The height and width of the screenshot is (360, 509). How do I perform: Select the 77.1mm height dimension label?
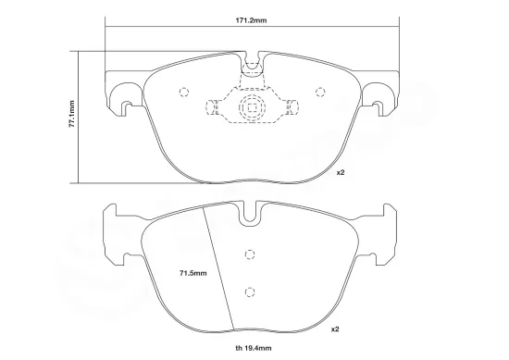coord(71,117)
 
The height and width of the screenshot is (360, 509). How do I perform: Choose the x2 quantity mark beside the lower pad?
coord(337,328)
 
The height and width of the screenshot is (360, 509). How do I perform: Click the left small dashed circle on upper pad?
coord(182,92)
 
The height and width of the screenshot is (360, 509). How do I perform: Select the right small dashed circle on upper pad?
coord(321,92)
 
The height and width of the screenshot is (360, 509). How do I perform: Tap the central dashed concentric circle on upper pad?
coord(251,107)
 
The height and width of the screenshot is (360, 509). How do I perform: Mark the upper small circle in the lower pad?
coord(248,255)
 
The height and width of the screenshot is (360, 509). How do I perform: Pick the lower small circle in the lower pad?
coord(248,292)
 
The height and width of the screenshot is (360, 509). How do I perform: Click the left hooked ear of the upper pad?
coord(122,95)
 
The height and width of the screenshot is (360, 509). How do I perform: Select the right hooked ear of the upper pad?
coord(380,95)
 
